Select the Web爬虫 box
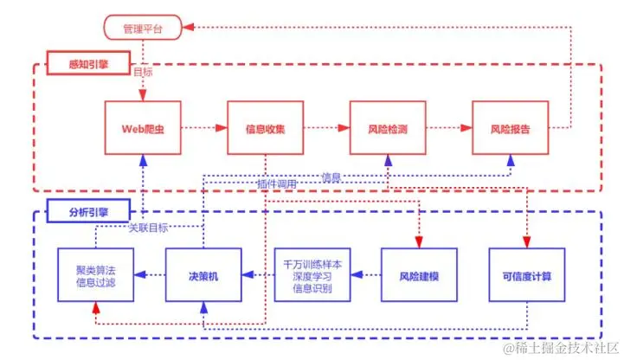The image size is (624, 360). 142,129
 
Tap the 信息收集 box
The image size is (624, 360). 265,129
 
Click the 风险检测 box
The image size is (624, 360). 387,129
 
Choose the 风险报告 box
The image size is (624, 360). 510,129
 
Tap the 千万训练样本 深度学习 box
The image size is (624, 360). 312,275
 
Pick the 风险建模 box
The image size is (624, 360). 419,275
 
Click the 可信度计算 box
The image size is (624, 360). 527,275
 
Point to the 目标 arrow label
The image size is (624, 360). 144,72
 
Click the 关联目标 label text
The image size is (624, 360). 148,228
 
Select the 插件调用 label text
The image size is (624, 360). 277,184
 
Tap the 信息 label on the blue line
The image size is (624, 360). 331,177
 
